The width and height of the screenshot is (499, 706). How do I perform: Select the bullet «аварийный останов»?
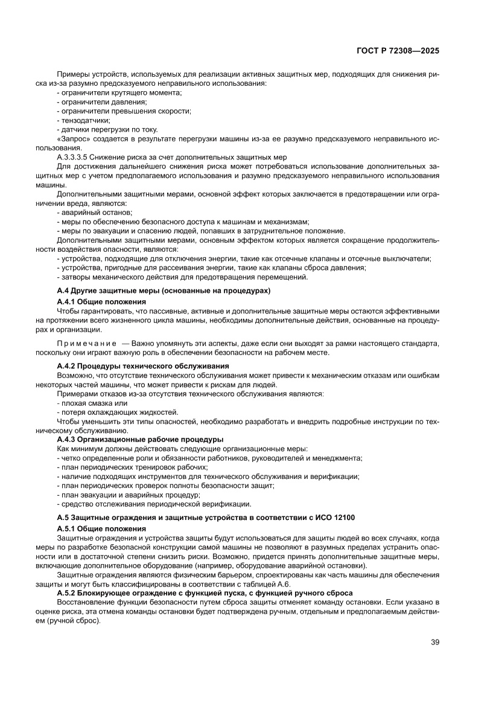click(x=96, y=212)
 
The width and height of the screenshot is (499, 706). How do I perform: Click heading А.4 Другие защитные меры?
click(x=163, y=290)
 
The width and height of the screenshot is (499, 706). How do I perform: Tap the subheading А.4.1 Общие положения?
click(x=101, y=301)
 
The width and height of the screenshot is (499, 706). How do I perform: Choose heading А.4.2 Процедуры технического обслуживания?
click(x=143, y=366)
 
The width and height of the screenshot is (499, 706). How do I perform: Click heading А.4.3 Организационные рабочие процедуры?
click(x=140, y=439)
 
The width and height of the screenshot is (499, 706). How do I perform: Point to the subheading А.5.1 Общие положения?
click(x=101, y=528)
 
